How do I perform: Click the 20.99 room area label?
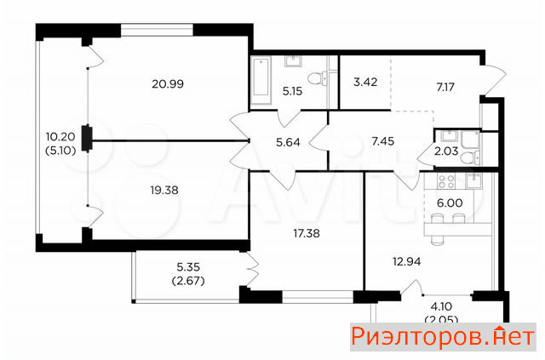tap(168, 84)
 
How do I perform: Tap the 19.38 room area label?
tap(164, 190)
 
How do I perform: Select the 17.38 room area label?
tap(307, 233)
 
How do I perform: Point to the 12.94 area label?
tap(407, 261)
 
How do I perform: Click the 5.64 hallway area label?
tap(288, 142)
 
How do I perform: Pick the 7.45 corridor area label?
tap(382, 141)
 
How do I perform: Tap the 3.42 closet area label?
tap(365, 83)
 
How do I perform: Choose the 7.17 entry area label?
tap(445, 87)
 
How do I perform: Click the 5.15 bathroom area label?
tap(292, 91)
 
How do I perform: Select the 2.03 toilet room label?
tap(446, 151)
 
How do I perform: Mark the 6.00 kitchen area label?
tap(450, 203)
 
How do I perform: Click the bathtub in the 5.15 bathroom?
tap(261, 82)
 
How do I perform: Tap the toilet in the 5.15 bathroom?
tap(318, 78)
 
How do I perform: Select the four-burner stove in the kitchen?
tap(446, 181)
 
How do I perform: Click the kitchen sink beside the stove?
tap(473, 181)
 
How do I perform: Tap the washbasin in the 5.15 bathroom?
tap(294, 61)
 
